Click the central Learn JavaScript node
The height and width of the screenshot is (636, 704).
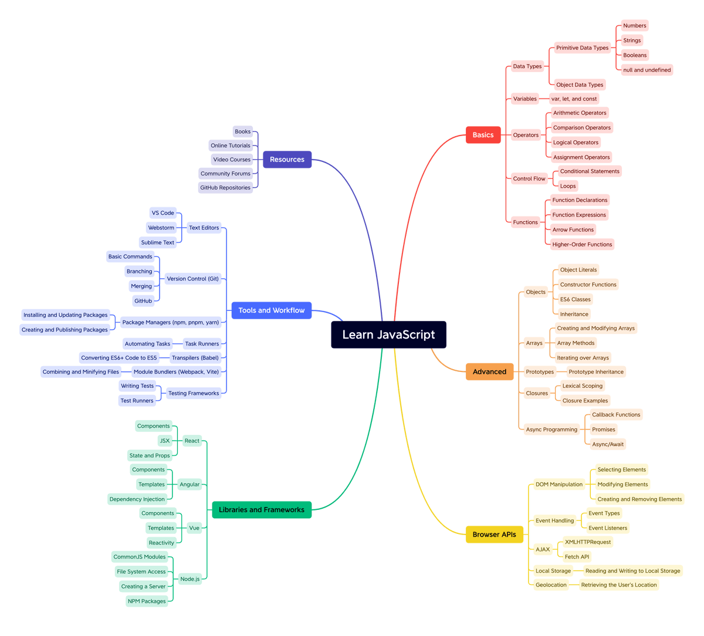[x=388, y=334]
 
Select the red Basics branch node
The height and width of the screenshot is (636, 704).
[x=483, y=135]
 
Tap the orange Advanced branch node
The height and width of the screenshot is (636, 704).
[x=489, y=371]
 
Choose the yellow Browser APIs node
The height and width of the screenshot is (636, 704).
[x=494, y=534]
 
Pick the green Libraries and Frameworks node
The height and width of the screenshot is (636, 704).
[x=262, y=510]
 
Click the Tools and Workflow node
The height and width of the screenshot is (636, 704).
[x=271, y=310]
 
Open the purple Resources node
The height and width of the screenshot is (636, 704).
[x=287, y=160]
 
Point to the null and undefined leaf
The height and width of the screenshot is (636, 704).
[x=647, y=70]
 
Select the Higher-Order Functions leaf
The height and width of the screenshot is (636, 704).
[x=582, y=244]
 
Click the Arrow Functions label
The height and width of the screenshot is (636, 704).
[x=573, y=229]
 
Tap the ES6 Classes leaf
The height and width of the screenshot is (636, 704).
[x=575, y=299]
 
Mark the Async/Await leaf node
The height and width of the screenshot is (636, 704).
[x=608, y=444]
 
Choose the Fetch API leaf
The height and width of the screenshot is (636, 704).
[x=577, y=557]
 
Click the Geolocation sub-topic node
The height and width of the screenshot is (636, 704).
[x=551, y=585]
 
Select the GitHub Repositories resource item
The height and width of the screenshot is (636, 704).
[x=225, y=188]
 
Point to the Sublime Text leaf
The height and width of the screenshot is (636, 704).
[x=157, y=242]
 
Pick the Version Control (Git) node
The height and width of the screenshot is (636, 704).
[x=192, y=279]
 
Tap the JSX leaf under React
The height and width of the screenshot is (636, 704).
[x=165, y=441]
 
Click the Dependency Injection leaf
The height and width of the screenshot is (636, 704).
[x=137, y=499]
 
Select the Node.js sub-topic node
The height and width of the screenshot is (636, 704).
[x=189, y=579]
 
